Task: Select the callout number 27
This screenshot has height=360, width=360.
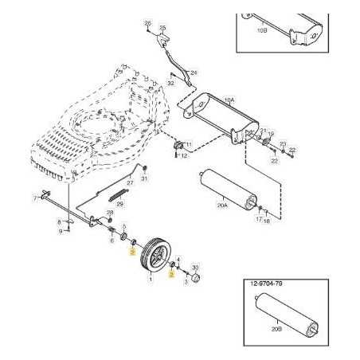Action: tap(131, 183)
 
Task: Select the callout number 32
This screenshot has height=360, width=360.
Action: tap(171, 82)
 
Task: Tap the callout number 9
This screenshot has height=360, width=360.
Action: tap(60, 231)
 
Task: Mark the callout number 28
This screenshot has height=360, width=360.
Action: tap(110, 213)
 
